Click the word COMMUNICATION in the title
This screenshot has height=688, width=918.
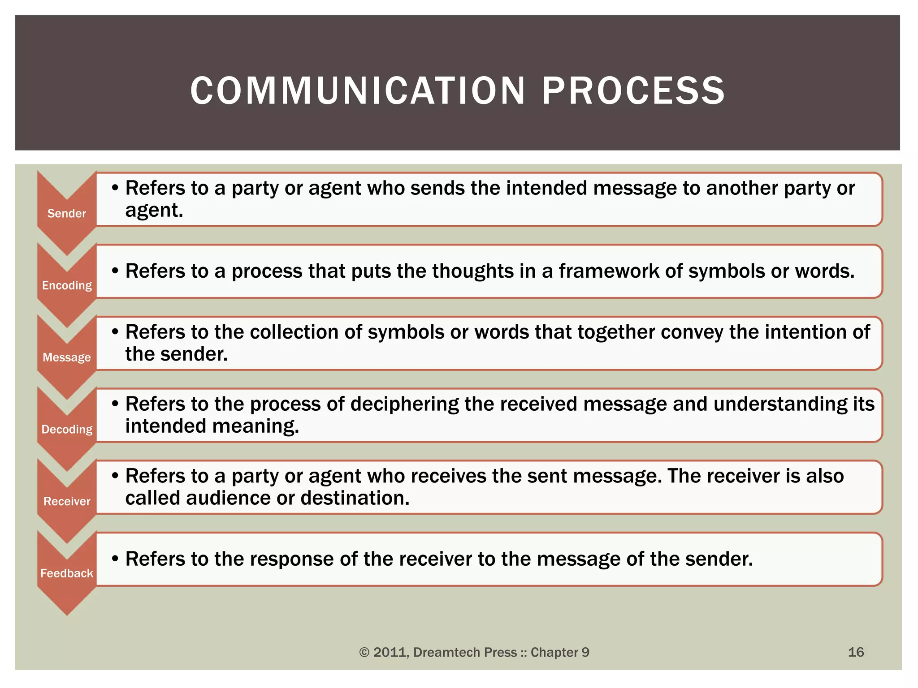coord(357,91)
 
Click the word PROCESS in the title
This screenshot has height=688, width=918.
coord(633,91)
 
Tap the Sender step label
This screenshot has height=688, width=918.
coord(67,214)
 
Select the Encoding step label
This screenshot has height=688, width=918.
coord(67,286)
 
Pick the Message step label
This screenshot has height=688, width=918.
coord(67,357)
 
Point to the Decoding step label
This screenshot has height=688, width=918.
coord(67,430)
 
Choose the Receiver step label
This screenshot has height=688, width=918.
coord(67,501)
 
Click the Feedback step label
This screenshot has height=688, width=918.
coord(67,573)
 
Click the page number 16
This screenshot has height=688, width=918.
coord(856,652)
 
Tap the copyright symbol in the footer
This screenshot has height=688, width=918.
coord(364,653)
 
